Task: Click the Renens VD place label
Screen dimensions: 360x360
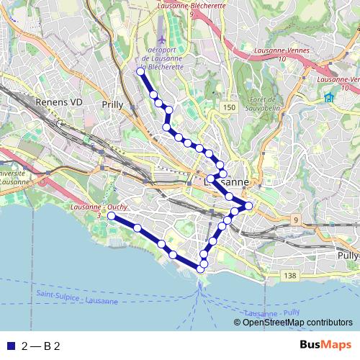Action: [x=58, y=103]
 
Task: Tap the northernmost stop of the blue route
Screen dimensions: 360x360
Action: [x=140, y=71]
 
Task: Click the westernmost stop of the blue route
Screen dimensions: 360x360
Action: [x=111, y=216]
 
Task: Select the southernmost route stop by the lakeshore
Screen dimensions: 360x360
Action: [x=199, y=269]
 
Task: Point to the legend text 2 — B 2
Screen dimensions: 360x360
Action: [x=40, y=346]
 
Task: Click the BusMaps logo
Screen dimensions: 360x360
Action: [x=325, y=346]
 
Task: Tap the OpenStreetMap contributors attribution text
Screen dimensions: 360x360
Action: [x=297, y=322]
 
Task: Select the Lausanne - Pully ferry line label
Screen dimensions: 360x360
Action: [x=271, y=313]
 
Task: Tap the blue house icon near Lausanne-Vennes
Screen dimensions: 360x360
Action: [x=329, y=98]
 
